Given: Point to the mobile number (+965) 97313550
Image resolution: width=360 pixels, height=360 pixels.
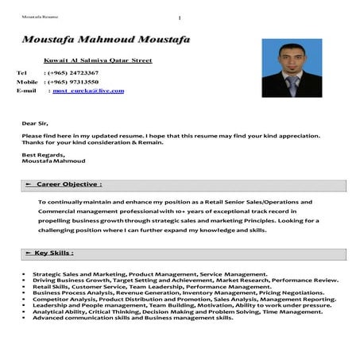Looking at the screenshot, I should pyautogui.click(x=72, y=82).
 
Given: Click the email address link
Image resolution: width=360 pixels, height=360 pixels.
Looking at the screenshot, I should pyautogui.click(x=88, y=91).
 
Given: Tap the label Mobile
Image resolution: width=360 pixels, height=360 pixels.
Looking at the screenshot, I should pyautogui.click(x=28, y=82).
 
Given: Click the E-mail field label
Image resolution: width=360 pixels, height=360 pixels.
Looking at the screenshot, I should pyautogui.click(x=26, y=91).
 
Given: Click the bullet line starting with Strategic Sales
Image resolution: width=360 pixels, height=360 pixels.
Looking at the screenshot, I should pyautogui.click(x=150, y=274).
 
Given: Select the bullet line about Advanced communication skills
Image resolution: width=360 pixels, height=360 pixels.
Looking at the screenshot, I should pyautogui.click(x=133, y=318).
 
